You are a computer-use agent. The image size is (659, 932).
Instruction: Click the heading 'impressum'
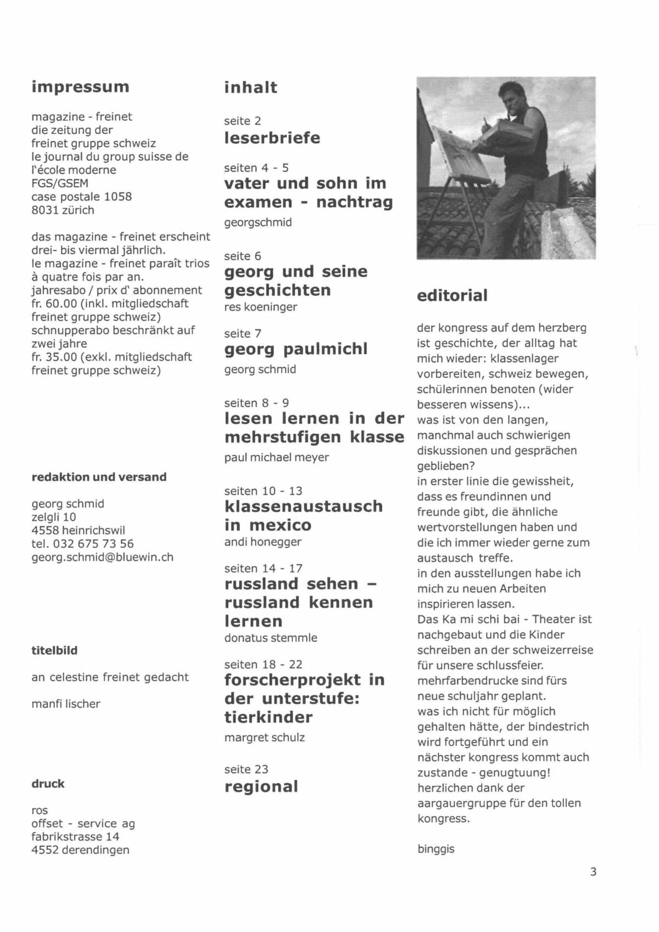pyautogui.click(x=80, y=87)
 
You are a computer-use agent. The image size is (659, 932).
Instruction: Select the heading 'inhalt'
pyautogui.click(x=250, y=87)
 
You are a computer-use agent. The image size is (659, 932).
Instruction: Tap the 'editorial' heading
pyautogui.click(x=452, y=295)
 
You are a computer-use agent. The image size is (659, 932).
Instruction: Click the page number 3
pyautogui.click(x=593, y=872)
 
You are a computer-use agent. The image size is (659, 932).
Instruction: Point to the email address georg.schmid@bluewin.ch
pyautogui.click(x=102, y=557)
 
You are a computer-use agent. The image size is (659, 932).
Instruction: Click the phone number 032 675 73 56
pyautogui.click(x=93, y=543)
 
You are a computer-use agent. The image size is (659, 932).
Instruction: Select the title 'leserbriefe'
pyautogui.click(x=272, y=137)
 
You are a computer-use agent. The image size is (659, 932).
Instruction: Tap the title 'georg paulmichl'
pyautogui.click(x=295, y=349)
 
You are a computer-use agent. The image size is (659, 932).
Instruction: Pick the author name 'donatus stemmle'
pyautogui.click(x=270, y=638)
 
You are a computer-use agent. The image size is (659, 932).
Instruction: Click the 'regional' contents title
pyautogui.click(x=261, y=787)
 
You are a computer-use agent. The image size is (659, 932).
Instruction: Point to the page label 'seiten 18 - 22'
pyautogui.click(x=263, y=664)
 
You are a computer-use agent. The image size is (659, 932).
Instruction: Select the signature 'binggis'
pyautogui.click(x=435, y=849)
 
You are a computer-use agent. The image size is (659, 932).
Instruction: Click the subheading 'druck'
pyautogui.click(x=48, y=783)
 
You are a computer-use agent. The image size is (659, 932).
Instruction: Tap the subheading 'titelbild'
pyautogui.click(x=54, y=650)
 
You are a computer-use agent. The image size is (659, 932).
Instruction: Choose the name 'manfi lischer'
pyautogui.click(x=65, y=704)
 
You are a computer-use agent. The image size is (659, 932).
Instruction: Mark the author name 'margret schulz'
pyautogui.click(x=264, y=737)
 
